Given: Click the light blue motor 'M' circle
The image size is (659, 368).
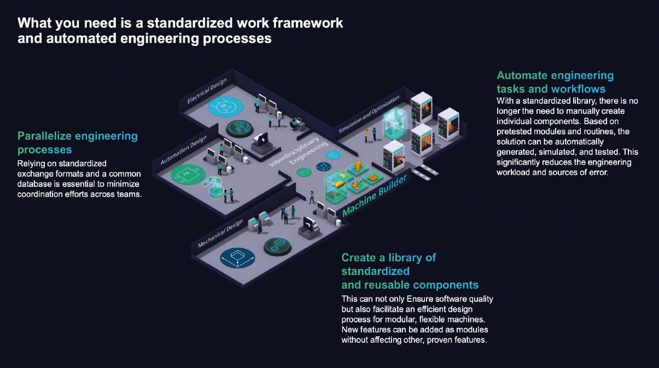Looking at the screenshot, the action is [x=223, y=106].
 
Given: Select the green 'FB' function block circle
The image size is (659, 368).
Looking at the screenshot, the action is [x=187, y=175].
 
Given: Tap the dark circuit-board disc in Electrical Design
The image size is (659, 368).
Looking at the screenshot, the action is [x=241, y=129].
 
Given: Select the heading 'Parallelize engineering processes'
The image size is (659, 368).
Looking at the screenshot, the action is [x=77, y=142].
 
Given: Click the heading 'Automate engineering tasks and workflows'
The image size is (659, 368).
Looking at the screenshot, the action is [x=555, y=82].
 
